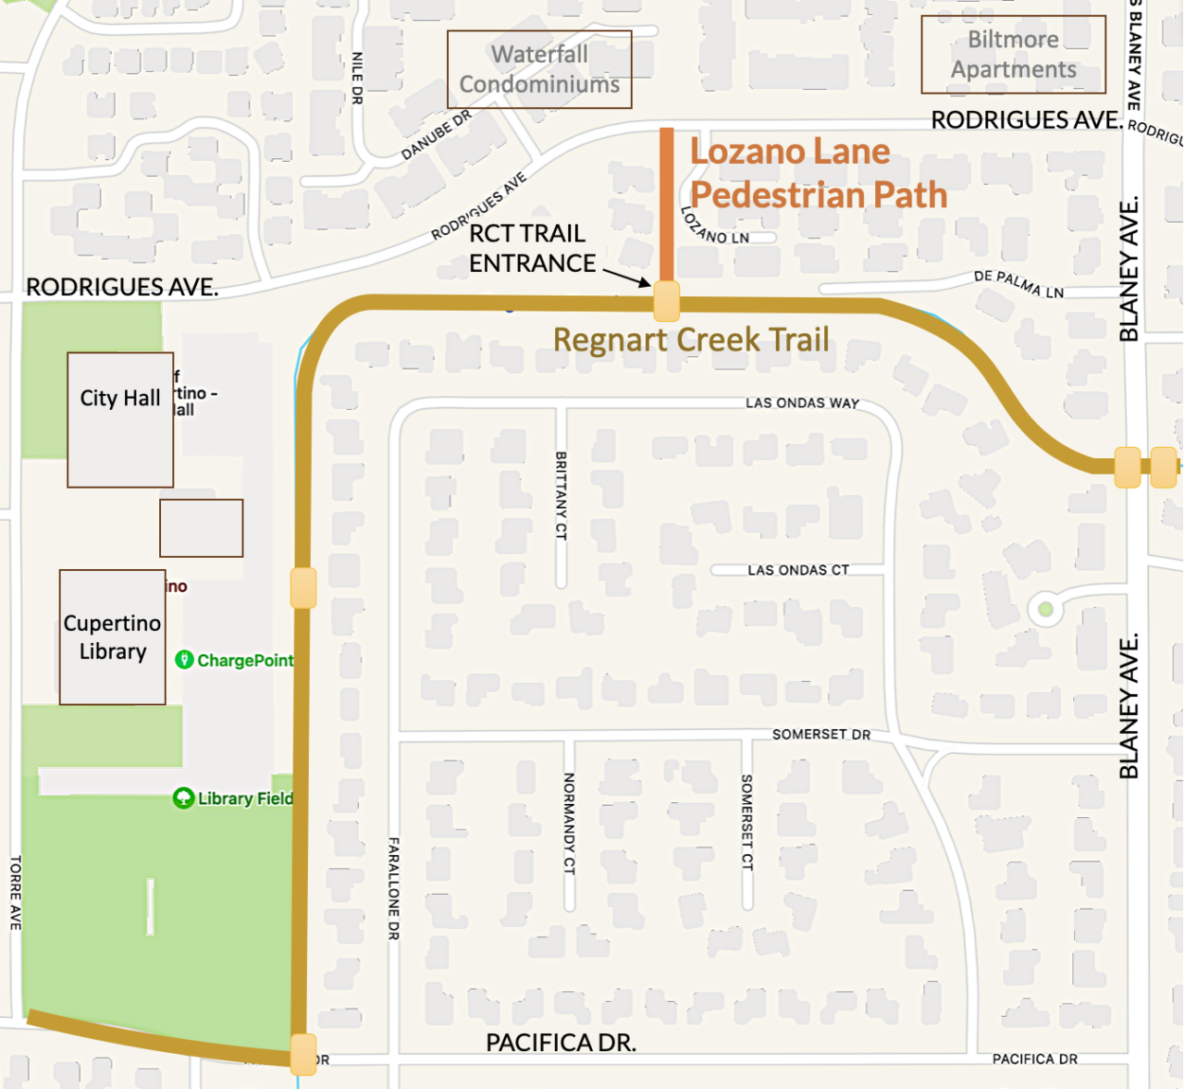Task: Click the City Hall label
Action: click(120, 399)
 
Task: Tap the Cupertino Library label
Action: click(112, 637)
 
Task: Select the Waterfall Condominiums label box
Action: click(539, 69)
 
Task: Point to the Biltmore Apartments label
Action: click(1013, 55)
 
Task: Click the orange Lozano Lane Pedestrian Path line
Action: click(666, 204)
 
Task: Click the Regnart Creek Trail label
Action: click(691, 340)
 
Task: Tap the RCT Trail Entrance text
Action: click(531, 249)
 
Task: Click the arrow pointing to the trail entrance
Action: click(628, 278)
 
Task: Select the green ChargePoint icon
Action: click(184, 660)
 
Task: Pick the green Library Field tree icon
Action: click(183, 798)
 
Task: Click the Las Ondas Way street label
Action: click(802, 403)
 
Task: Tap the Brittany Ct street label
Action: click(561, 495)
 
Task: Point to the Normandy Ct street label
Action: click(569, 823)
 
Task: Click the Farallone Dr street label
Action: click(394, 888)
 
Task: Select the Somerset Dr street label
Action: click(821, 735)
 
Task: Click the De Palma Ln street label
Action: click(1018, 284)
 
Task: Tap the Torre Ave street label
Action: click(16, 893)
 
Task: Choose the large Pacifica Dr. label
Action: click(561, 1043)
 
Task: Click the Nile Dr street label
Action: click(357, 78)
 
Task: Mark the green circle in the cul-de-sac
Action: click(1045, 609)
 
